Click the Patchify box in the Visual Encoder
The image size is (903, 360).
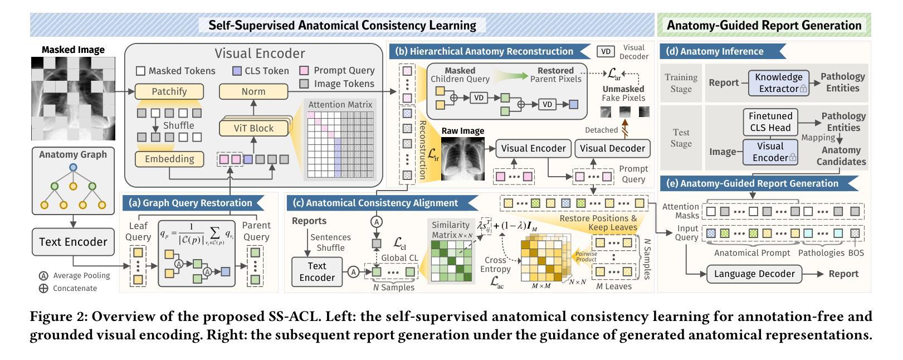pyautogui.click(x=169, y=91)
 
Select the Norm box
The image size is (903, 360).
pyautogui.click(x=253, y=91)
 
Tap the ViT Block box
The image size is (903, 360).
pyautogui.click(x=253, y=128)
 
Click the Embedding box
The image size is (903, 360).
pyautogui.click(x=169, y=159)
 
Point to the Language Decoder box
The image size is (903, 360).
pyautogui.click(x=754, y=274)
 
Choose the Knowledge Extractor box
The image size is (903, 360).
pyautogui.click(x=779, y=82)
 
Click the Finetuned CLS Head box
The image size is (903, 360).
pyautogui.click(x=770, y=122)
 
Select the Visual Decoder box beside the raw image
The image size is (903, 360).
pyautogui.click(x=612, y=148)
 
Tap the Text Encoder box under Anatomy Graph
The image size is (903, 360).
pyautogui.click(x=73, y=242)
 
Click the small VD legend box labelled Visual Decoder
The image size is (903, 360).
pyautogui.click(x=606, y=52)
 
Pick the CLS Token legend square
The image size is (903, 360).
pyautogui.click(x=236, y=71)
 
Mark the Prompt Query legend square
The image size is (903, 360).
pyautogui.click(x=304, y=71)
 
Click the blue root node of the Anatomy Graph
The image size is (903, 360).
pyautogui.click(x=73, y=168)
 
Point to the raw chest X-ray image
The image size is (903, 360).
pyautogui.click(x=463, y=159)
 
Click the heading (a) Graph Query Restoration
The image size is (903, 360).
pyautogui.click(x=190, y=203)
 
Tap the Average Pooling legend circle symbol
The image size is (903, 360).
pyautogui.click(x=43, y=276)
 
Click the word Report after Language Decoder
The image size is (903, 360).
pyautogui.click(x=843, y=274)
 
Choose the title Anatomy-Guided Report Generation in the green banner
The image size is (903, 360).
pyautogui.click(x=764, y=25)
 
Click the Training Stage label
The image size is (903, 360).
pyautogui.click(x=681, y=82)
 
